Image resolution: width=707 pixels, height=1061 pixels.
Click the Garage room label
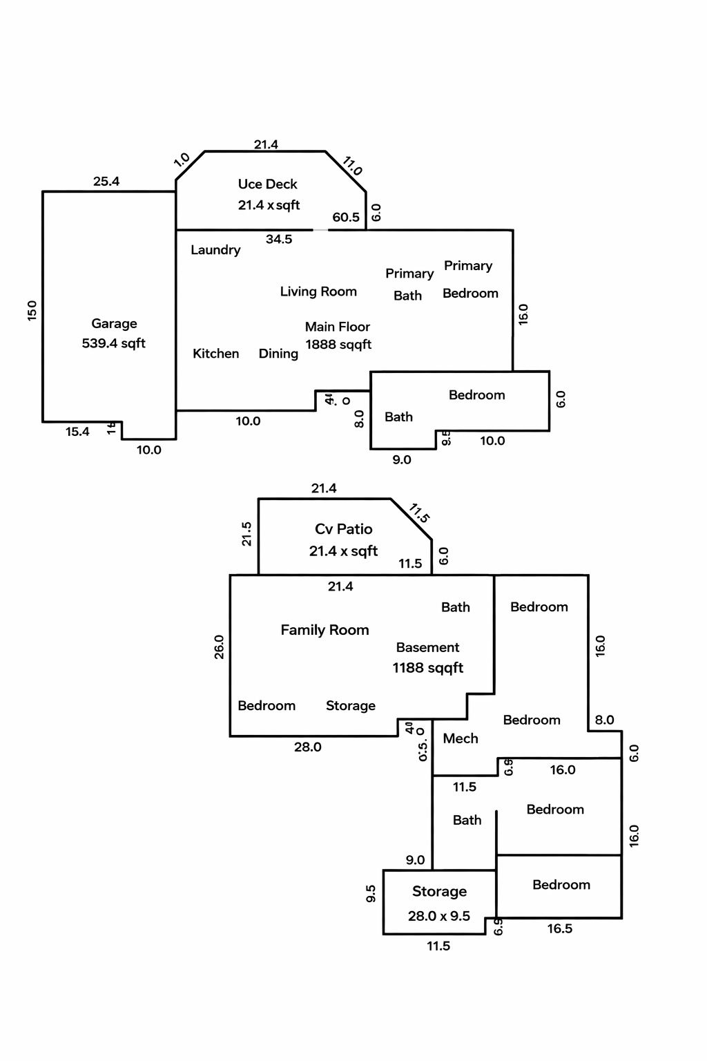click(x=114, y=323)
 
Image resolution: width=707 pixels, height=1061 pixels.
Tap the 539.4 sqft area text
click(x=114, y=343)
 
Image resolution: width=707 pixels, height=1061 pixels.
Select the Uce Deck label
click(x=267, y=184)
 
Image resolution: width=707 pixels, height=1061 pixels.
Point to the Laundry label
click(x=215, y=250)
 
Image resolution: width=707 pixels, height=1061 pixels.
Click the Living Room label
click(x=318, y=291)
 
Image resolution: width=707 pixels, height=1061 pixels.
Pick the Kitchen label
click(x=215, y=354)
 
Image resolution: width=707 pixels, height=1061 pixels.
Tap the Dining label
click(x=278, y=354)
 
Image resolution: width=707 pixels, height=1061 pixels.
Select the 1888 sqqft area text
click(x=338, y=345)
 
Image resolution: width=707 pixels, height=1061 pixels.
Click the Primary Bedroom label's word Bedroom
click(x=470, y=294)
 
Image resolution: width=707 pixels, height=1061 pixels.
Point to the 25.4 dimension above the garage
click(x=106, y=182)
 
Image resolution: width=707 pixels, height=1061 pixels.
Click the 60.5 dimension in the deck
click(x=346, y=218)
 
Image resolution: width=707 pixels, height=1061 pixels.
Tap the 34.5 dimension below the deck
click(x=279, y=240)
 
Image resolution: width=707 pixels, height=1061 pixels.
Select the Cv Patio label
click(x=343, y=529)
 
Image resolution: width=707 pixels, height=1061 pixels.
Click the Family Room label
click(x=325, y=630)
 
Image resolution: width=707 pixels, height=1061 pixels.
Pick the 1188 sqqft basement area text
click(x=428, y=668)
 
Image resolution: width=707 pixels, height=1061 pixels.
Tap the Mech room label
click(x=461, y=738)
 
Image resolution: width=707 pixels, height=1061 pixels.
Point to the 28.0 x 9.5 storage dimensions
click(x=439, y=916)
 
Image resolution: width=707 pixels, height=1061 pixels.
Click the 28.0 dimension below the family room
click(x=308, y=747)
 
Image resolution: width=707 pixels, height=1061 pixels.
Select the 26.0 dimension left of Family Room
click(x=220, y=647)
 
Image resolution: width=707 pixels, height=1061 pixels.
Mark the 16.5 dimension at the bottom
click(x=560, y=929)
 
